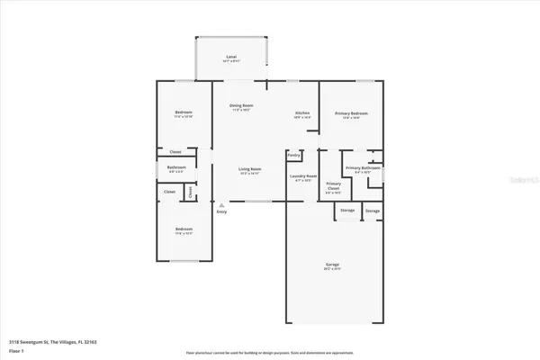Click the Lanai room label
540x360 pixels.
point(231,56)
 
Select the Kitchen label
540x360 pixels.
point(302,112)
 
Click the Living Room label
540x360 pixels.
point(249,169)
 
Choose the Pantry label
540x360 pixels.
point(293,155)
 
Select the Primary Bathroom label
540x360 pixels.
point(362,168)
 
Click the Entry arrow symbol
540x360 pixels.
point(221,204)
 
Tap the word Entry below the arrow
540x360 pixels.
point(221,211)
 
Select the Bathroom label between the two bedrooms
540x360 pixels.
point(176,167)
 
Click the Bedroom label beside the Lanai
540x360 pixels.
point(184,112)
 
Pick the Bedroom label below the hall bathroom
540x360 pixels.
point(184,229)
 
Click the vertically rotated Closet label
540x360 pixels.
point(190,192)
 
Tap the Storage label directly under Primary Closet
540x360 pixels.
point(346,211)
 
